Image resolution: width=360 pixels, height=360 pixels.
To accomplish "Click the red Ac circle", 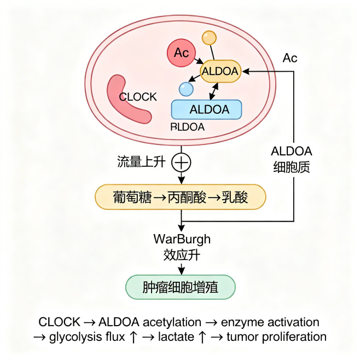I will tap(181, 53).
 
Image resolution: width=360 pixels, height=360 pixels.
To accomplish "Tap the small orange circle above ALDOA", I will tap(209, 38).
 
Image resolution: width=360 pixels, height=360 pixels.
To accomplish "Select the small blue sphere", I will tap(186, 88).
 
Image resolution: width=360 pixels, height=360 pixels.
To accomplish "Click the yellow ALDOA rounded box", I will tap(220, 71).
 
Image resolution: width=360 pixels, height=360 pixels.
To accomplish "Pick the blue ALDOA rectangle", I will tap(206, 109).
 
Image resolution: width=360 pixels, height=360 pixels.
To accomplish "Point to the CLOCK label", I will tap(138, 97).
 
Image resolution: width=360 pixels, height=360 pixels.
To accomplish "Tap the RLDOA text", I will tap(188, 128).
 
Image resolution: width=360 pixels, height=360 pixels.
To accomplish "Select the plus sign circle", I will tap(181, 162).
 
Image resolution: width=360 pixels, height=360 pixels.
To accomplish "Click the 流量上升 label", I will tap(141, 162).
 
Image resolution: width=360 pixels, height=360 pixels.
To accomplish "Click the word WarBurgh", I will tap(181, 240).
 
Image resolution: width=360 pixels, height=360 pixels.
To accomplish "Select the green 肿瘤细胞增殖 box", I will tap(181, 287).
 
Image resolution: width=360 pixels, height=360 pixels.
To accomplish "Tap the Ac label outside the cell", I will tap(290, 58).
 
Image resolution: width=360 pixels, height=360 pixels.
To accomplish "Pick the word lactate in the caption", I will tap(176, 337).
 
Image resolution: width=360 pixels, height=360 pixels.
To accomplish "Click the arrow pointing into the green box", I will tap(181, 270).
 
